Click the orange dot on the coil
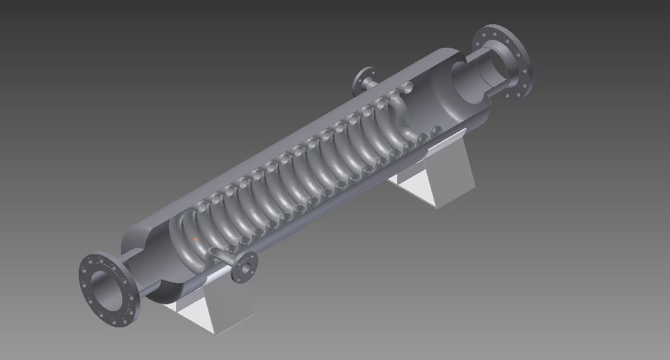tap(197, 240)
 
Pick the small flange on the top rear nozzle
tap(363, 78)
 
